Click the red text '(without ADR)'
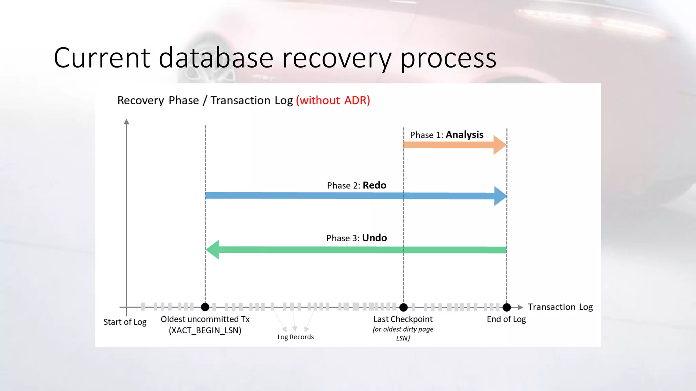tap(333, 100)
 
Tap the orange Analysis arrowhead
tap(499, 145)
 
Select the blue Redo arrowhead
tap(500, 196)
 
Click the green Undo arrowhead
tap(213, 250)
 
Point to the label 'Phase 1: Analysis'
tap(446, 135)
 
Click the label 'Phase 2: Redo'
tap(356, 185)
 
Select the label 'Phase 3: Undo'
tap(356, 238)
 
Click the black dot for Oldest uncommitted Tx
tap(205, 307)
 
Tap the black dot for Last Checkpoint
tap(403, 308)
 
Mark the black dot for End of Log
tap(506, 308)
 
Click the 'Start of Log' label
tap(125, 322)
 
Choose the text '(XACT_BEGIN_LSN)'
tap(205, 330)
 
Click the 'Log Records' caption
tap(295, 337)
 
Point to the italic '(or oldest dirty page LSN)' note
tap(403, 333)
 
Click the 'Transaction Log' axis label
tap(560, 307)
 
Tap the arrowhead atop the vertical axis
tap(126, 122)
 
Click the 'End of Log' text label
tap(506, 319)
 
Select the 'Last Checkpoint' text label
tap(403, 319)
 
